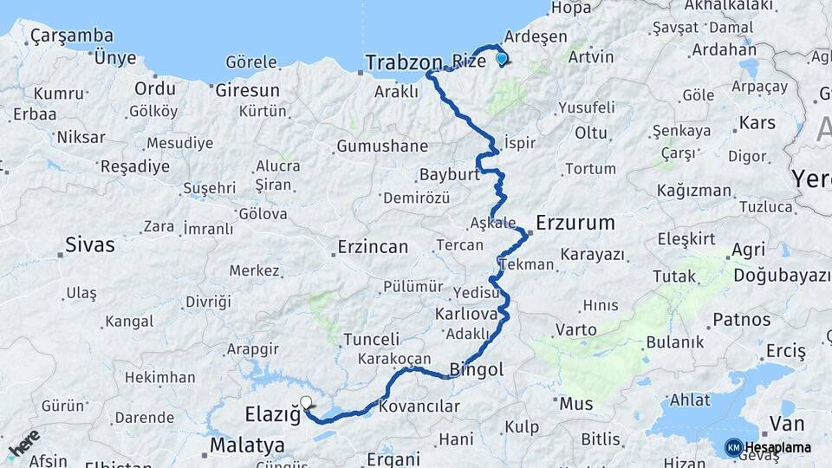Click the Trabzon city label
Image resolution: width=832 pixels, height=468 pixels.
(x=403, y=62)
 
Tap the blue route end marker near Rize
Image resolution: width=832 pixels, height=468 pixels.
(x=501, y=59)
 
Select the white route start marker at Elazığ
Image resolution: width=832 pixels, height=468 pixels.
(x=305, y=402)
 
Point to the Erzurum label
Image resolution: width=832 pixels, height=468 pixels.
(x=575, y=223)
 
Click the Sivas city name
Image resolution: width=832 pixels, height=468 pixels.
(x=90, y=245)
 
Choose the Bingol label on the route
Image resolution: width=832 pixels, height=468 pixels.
(x=477, y=370)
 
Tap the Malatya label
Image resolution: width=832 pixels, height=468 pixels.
(x=247, y=445)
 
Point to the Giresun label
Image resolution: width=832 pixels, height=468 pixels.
(x=247, y=90)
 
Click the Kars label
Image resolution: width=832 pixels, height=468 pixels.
(x=757, y=122)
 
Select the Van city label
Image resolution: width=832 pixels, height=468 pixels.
(x=787, y=424)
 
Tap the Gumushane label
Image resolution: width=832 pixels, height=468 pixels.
(x=382, y=146)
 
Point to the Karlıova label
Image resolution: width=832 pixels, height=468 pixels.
(x=465, y=313)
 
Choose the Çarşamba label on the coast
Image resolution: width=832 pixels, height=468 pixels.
(x=71, y=36)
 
